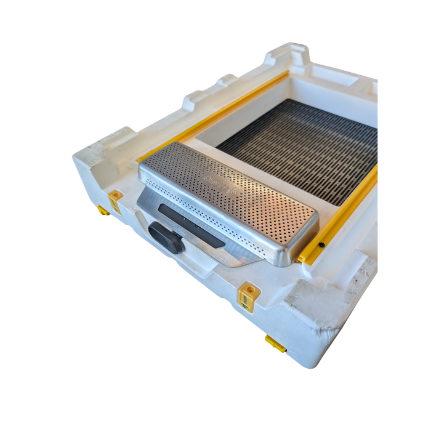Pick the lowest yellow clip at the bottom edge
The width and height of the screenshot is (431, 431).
pos(275,344)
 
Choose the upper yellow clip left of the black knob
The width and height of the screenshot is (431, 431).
pos(115,198)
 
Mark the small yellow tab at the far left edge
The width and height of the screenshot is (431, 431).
pos(102,211)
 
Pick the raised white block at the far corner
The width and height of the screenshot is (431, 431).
pos(289,52)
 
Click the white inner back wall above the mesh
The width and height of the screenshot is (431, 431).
pos(332,102)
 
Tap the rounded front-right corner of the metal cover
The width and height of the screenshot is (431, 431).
pos(289,256)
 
